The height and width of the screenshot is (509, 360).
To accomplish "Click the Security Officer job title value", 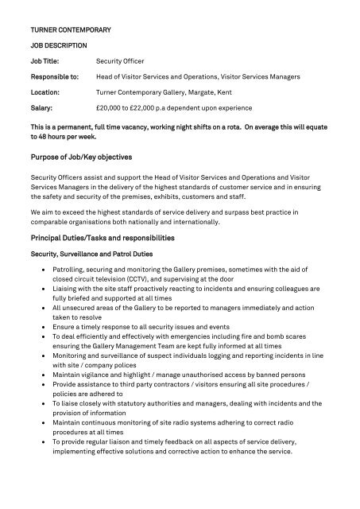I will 123,60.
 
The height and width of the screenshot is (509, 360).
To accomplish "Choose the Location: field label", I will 45,92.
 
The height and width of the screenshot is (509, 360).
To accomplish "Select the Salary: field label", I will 41,107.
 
